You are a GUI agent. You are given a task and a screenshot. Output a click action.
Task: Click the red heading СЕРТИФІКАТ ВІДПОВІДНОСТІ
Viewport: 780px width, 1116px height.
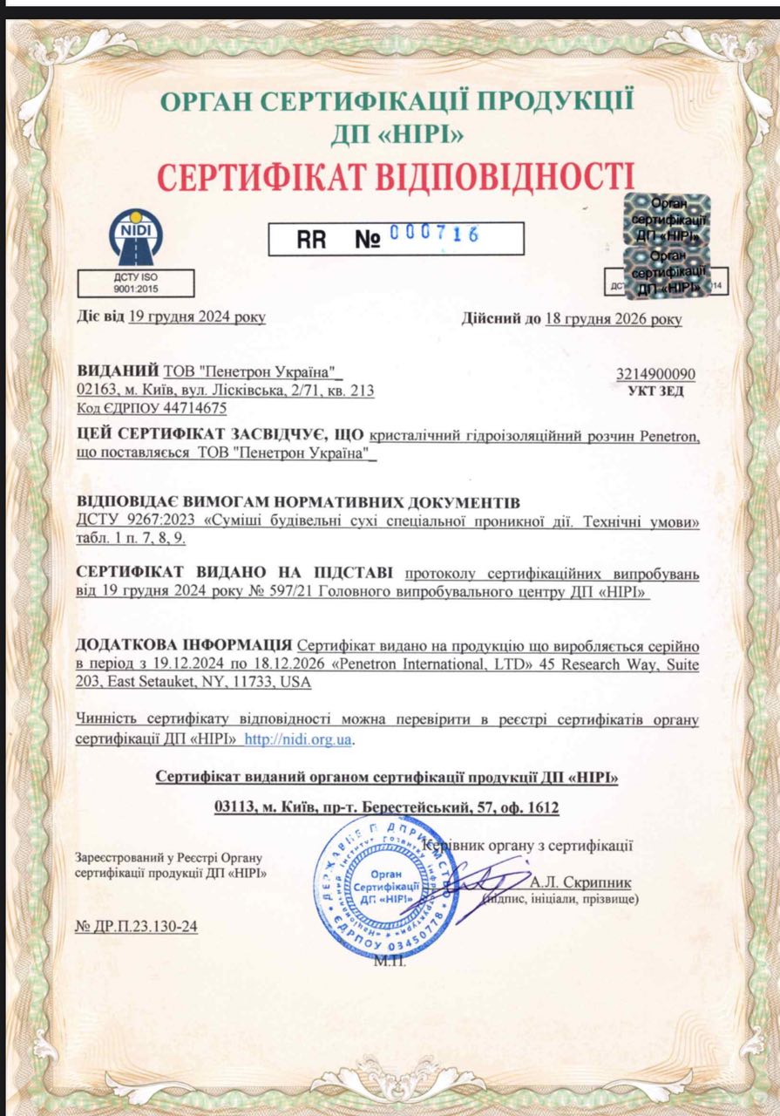pos(394,175)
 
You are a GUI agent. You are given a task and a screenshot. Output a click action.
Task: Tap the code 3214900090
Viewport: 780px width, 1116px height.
pos(656,375)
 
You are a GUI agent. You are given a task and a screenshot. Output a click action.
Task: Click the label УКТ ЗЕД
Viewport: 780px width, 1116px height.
pos(656,391)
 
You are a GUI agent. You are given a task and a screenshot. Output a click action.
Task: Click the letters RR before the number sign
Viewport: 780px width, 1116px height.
pos(311,239)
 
